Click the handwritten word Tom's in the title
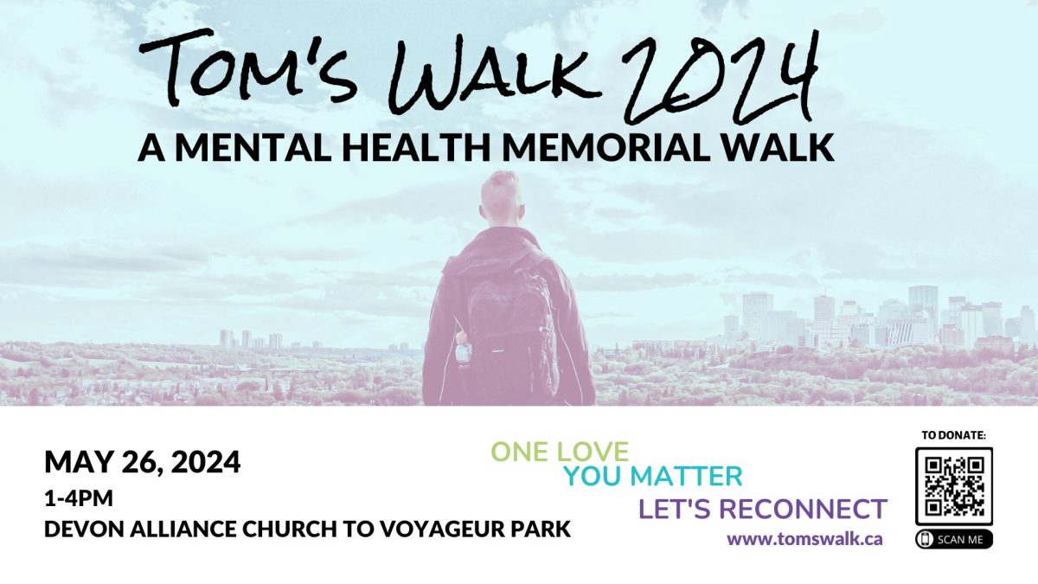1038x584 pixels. pos(248,67)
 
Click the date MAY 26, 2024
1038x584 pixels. pos(142,462)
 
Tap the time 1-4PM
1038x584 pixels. pos(79,498)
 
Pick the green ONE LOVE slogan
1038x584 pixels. pos(560,452)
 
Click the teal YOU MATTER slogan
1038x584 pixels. pos(653,476)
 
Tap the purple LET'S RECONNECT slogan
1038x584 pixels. pos(763,509)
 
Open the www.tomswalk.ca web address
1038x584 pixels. pos(805,539)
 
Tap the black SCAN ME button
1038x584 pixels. pos(954,540)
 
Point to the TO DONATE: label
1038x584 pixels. pos(954,435)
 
